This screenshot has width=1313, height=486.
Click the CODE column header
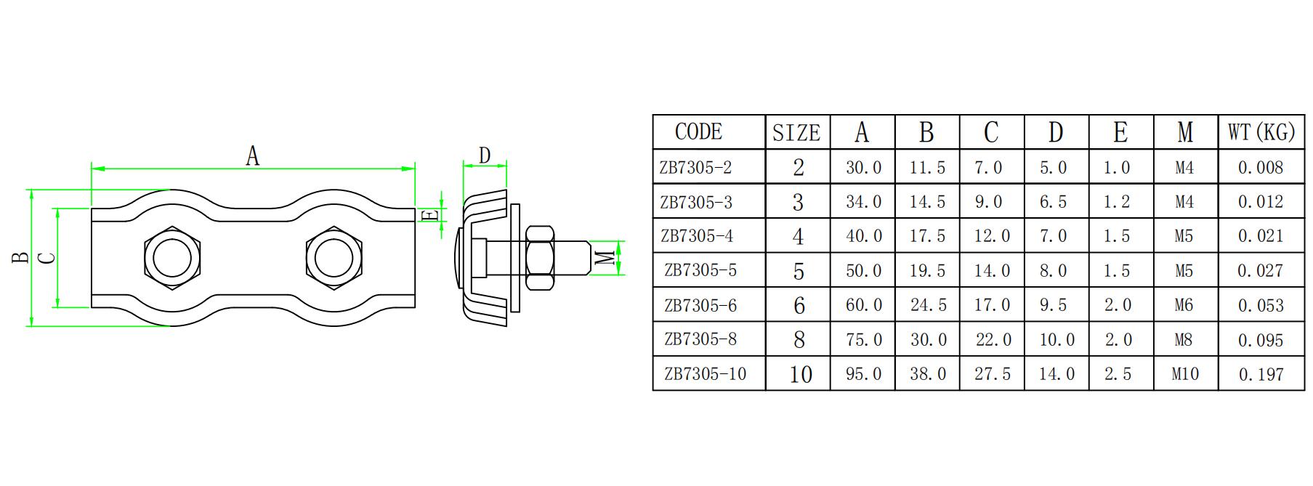(698, 132)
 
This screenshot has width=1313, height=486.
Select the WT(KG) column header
(1261, 132)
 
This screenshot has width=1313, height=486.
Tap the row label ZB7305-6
(700, 306)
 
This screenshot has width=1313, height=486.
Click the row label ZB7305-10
(705, 374)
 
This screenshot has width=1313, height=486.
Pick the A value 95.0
(863, 374)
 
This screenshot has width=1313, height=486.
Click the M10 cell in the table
(1185, 374)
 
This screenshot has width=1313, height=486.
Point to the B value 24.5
(928, 306)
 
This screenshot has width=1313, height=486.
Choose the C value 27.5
(993, 374)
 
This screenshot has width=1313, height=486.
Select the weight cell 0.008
(1261, 168)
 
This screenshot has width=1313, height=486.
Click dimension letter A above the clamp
(252, 155)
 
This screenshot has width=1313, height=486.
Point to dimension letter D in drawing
(485, 155)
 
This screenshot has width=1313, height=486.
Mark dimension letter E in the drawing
(430, 216)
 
